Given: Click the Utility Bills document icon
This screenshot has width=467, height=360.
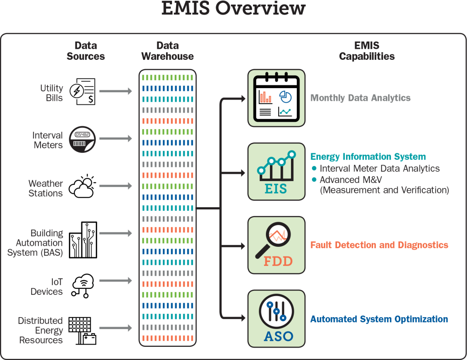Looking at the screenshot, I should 83,91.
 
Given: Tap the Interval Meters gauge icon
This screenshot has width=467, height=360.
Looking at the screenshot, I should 82,139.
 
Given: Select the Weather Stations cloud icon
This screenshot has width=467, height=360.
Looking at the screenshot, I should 82,186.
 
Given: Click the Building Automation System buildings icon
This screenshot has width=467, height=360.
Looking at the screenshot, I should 83,240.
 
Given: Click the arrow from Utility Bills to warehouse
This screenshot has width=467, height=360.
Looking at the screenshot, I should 115,91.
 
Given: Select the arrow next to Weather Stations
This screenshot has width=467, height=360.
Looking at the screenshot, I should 115,186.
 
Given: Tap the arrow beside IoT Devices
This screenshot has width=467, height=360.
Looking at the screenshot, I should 115,281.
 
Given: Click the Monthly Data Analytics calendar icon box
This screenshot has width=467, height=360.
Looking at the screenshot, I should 276,98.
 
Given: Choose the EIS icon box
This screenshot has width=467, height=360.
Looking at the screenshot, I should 276,172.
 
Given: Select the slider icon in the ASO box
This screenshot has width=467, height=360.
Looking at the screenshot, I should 276,311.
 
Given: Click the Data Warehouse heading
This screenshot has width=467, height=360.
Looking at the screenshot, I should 167,51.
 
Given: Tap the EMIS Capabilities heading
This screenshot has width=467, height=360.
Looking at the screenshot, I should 367,51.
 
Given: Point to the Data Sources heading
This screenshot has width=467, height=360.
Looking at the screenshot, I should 86,51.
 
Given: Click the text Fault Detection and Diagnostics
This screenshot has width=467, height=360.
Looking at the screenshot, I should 379,245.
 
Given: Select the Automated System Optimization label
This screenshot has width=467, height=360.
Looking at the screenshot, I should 379,319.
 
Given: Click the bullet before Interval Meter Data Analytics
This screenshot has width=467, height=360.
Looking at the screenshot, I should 314,168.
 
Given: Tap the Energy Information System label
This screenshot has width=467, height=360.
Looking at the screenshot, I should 368,157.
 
